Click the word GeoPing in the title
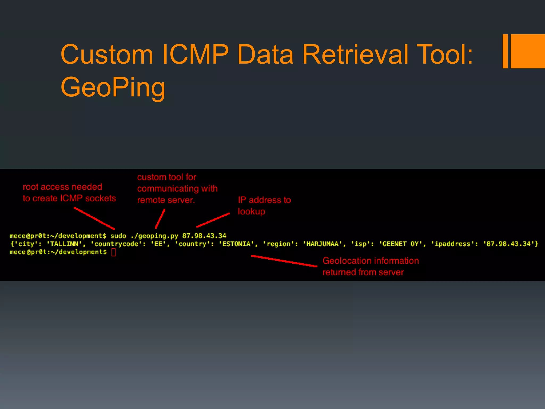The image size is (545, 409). tap(113, 87)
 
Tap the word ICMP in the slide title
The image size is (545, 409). tap(195, 54)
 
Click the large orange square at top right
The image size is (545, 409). tap(528, 51)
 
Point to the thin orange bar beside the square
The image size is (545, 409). tap(505, 51)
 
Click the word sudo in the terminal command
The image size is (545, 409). tap(118, 236)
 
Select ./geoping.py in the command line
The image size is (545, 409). tap(154, 236)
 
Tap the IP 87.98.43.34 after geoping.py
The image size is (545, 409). tap(204, 236)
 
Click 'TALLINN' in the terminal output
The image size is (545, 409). tap(64, 244)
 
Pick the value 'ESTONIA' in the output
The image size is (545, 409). tap(237, 244)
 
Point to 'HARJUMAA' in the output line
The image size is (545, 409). tap(322, 244)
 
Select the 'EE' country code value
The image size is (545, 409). tap(158, 244)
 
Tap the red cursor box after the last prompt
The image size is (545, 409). tap(114, 252)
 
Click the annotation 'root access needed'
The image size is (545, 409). tap(63, 187)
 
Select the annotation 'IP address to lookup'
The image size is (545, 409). tap(264, 206)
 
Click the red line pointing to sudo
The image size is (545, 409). tap(94, 218)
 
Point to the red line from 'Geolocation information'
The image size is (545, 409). tap(284, 261)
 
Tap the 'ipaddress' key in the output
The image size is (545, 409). tap(452, 244)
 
